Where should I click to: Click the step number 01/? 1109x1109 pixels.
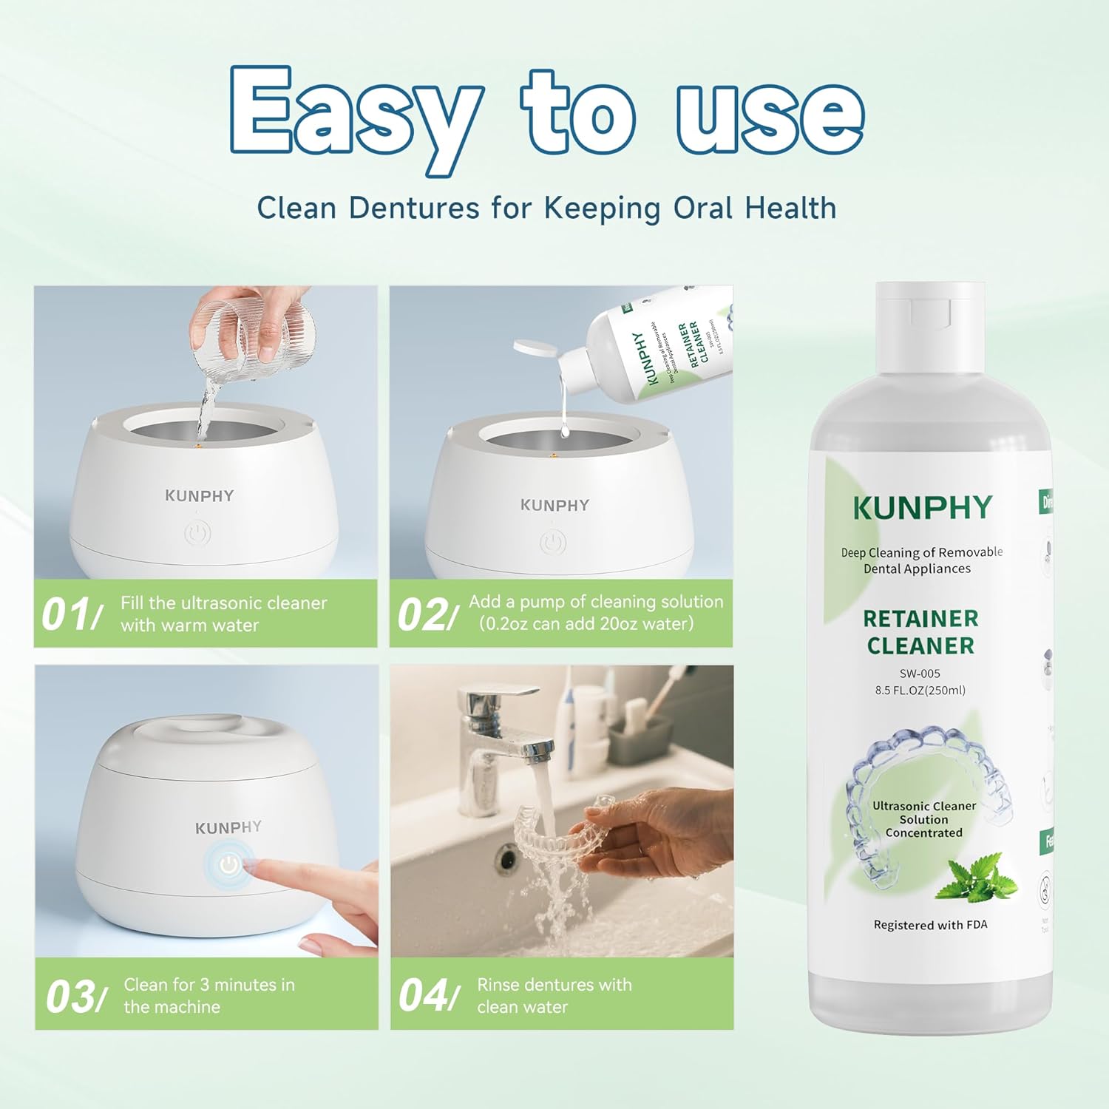click(x=71, y=614)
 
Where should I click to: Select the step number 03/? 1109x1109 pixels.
click(x=75, y=996)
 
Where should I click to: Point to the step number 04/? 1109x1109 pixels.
click(x=428, y=995)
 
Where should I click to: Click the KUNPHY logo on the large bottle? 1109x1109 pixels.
click(x=922, y=508)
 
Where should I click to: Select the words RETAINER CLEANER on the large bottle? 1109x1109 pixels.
click(x=920, y=632)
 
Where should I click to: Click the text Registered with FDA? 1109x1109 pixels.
click(x=930, y=925)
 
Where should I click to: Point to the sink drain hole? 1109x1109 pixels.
click(x=507, y=859)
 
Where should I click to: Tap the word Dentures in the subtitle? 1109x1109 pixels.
click(x=414, y=208)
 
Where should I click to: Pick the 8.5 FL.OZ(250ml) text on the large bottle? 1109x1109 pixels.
click(x=920, y=691)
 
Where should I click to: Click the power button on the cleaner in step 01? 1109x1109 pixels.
click(x=197, y=534)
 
